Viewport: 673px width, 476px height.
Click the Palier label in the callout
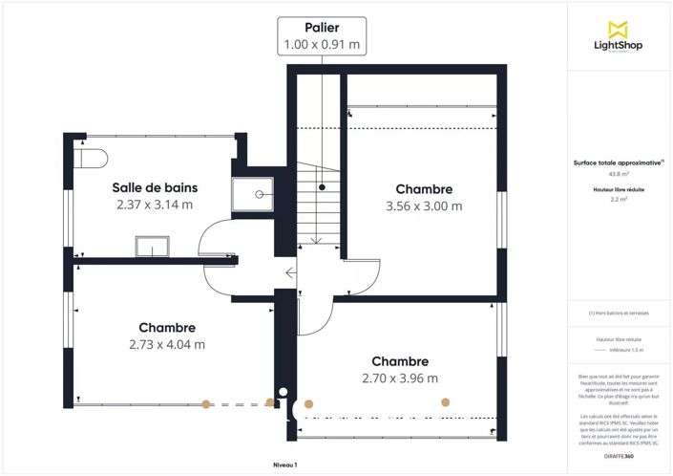[x=322, y=28]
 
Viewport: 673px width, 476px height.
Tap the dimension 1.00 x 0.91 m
[x=322, y=44]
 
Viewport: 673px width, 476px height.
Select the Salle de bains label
[x=155, y=187]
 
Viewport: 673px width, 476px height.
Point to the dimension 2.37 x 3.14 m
[x=155, y=205]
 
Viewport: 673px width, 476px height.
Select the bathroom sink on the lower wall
[x=150, y=248]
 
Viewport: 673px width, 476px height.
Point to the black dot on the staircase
[x=323, y=186]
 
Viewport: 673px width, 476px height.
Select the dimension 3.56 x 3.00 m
[x=424, y=206]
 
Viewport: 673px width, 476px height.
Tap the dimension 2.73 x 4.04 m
[x=167, y=344]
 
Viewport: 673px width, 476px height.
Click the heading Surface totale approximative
[x=618, y=162]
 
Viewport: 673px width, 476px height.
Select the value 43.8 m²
[x=618, y=175]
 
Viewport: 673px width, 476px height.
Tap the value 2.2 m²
[x=618, y=200]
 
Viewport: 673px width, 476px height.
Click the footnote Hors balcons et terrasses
[x=618, y=314]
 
